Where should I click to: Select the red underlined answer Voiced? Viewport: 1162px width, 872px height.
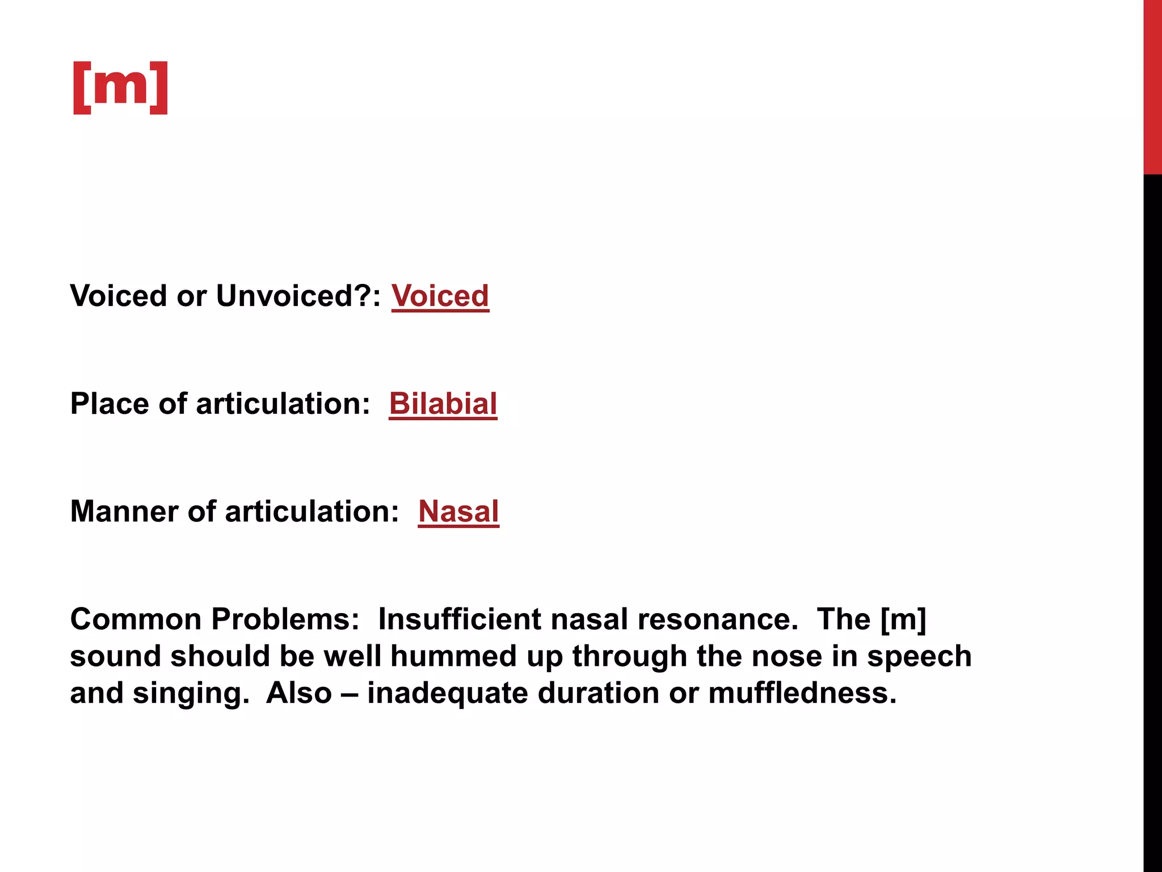pyautogui.click(x=440, y=296)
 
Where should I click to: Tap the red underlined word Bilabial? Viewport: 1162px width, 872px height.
pyautogui.click(x=443, y=404)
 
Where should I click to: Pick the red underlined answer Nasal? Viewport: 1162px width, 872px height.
pyautogui.click(x=458, y=511)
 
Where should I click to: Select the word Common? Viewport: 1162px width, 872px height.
pyautogui.click(x=136, y=619)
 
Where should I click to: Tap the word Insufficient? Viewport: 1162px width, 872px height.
pyautogui.click(x=459, y=619)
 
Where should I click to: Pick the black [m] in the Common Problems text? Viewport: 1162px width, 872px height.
pyautogui.click(x=903, y=619)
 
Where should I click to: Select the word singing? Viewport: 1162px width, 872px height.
pyautogui.click(x=191, y=694)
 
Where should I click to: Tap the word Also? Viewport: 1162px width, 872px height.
pyautogui.click(x=299, y=693)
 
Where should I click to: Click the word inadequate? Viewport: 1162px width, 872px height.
pyautogui.click(x=447, y=693)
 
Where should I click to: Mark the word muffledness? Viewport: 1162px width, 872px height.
pyautogui.click(x=802, y=693)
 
